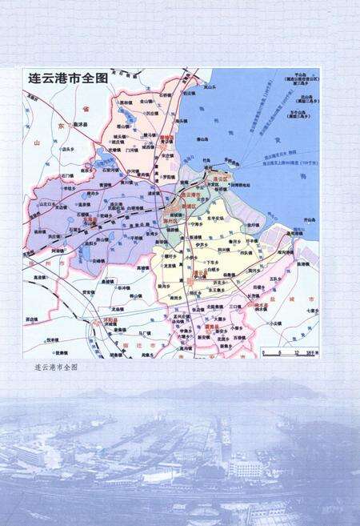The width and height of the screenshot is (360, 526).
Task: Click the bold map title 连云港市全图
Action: pos(67,79)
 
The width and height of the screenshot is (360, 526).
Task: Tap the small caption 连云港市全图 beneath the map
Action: pos(56,366)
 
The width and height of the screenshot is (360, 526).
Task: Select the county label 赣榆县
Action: pos(166,137)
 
